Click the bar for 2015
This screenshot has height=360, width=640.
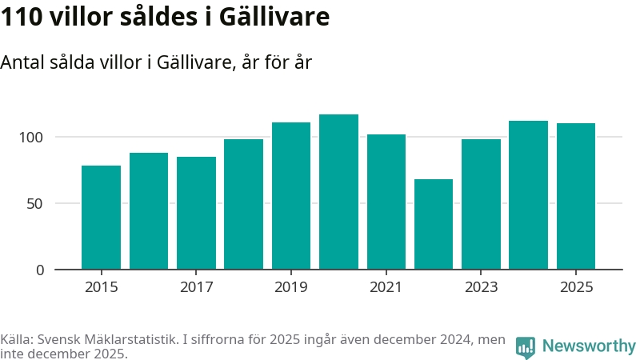click(101, 218)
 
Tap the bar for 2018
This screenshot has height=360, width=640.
click(243, 204)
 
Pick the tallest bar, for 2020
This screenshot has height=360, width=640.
click(338, 192)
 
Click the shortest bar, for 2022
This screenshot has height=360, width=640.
click(434, 224)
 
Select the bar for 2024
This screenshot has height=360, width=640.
click(528, 195)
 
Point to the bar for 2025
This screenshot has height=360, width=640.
click(576, 196)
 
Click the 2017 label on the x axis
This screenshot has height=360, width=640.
click(196, 287)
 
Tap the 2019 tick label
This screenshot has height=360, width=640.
click(291, 287)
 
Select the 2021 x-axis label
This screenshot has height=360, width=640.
click(386, 287)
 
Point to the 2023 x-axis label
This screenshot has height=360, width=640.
click(481, 287)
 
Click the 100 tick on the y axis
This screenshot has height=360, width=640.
click(33, 137)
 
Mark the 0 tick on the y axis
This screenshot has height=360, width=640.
click(40, 270)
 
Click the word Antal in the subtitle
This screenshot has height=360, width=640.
click(24, 63)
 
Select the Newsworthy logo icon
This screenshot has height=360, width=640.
click(526, 346)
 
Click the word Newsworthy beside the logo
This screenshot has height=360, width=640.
click(589, 346)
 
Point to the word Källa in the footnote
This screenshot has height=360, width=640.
click(14, 340)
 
